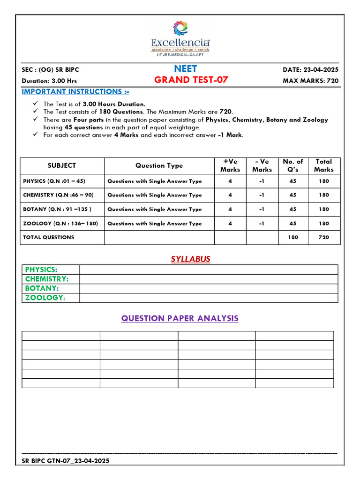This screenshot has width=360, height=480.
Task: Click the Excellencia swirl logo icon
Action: click(x=180, y=28)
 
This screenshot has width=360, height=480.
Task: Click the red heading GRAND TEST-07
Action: click(x=191, y=80)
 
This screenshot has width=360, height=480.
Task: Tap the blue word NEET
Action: click(x=186, y=69)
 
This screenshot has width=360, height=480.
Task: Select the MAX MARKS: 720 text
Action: click(x=310, y=81)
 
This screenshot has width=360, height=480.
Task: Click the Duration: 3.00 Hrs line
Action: click(x=49, y=81)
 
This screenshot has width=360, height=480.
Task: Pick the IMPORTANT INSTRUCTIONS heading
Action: click(x=76, y=91)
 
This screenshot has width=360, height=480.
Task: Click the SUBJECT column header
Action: click(x=62, y=165)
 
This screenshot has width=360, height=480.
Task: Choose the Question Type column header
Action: click(x=159, y=165)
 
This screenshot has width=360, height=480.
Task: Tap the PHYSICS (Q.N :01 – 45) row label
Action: click(x=54, y=181)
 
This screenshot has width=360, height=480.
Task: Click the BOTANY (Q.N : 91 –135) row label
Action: click(x=57, y=209)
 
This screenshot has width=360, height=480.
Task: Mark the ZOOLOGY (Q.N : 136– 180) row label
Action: click(x=60, y=224)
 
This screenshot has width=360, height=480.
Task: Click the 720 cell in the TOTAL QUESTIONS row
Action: click(x=324, y=237)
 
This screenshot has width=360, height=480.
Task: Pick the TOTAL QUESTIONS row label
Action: click(x=49, y=237)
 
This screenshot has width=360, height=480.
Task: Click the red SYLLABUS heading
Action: click(x=190, y=259)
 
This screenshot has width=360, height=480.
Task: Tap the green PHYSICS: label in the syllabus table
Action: click(x=41, y=270)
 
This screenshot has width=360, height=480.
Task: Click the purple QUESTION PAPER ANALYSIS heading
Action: click(x=180, y=318)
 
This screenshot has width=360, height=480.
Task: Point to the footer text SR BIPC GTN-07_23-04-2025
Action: click(x=66, y=461)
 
